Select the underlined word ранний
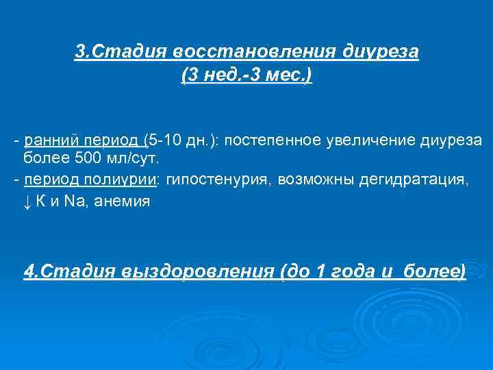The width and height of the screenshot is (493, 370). [x=46, y=140]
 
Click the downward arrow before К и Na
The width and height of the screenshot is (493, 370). [x=27, y=201]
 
